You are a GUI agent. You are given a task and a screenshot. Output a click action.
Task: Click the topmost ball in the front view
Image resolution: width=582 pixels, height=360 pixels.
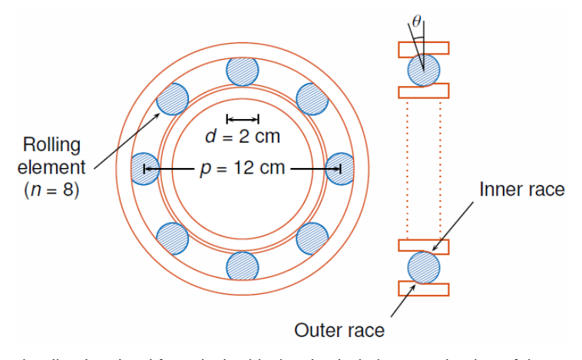click(243, 71)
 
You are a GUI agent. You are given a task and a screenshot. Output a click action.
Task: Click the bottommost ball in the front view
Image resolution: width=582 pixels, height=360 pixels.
click(243, 266)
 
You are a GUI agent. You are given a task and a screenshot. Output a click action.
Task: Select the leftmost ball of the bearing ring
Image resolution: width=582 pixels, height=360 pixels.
click(144, 168)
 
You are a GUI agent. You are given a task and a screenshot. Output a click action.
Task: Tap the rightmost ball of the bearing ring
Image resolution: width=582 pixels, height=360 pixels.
click(340, 168)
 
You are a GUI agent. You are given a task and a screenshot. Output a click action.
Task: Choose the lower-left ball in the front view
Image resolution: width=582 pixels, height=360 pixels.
click(173, 237)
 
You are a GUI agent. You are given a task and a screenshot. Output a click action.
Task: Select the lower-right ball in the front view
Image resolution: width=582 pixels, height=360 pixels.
click(312, 237)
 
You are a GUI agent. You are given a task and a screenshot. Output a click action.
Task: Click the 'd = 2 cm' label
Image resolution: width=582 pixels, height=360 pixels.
click(243, 137)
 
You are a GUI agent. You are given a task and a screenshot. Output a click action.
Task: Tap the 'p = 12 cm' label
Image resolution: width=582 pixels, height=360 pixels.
click(243, 168)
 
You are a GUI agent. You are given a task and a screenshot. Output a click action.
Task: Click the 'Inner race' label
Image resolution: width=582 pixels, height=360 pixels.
click(522, 189)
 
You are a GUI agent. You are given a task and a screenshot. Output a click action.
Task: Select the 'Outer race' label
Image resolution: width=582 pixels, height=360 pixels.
click(339, 331)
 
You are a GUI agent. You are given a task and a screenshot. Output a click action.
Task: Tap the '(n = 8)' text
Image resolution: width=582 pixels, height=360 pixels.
click(52, 189)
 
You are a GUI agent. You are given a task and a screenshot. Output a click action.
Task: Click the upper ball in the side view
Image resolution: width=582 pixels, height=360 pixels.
click(423, 70)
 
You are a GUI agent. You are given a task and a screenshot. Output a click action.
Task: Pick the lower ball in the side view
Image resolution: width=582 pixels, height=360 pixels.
click(423, 267)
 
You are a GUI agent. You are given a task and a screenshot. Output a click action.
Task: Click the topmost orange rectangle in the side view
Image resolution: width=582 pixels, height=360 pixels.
click(423, 48)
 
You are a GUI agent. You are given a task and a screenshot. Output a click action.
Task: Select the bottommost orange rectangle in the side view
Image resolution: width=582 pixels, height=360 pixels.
click(423, 289)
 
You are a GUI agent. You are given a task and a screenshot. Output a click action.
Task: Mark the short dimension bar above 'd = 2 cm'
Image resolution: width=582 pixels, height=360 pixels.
click(243, 118)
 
